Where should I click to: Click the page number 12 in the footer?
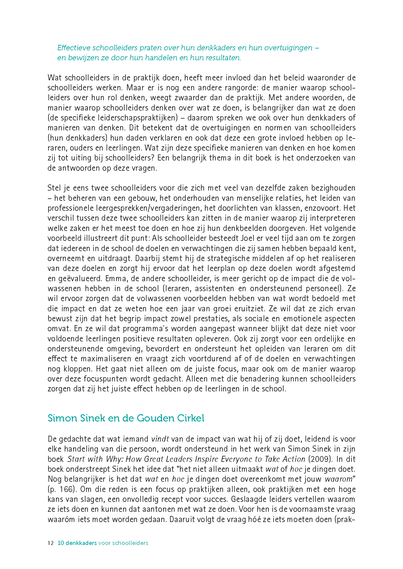51,543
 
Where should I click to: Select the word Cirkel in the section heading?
191,418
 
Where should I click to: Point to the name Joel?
247,238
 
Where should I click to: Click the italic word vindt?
160,439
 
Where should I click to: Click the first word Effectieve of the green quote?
73,48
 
